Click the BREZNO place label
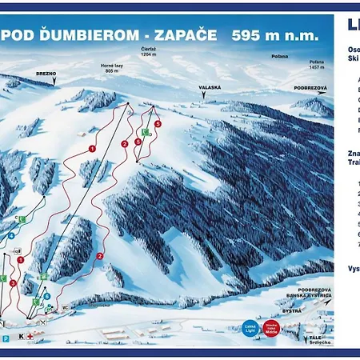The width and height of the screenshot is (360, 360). click(x=45, y=71)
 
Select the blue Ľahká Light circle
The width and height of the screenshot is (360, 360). click(x=249, y=328)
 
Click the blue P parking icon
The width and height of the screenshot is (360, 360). click(x=6, y=338)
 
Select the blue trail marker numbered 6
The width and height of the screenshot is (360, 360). click(x=47, y=295)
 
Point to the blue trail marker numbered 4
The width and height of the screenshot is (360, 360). click(x=12, y=236)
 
